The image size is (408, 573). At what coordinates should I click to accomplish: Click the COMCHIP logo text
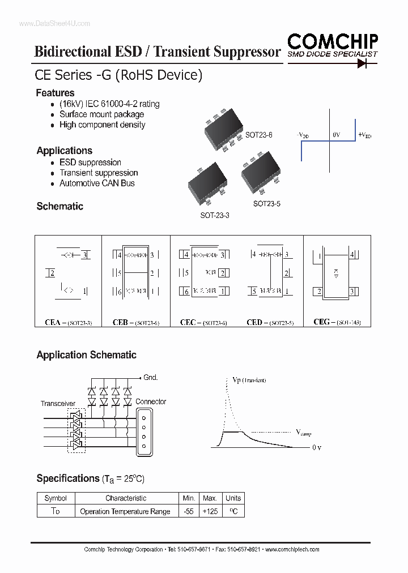[332, 41]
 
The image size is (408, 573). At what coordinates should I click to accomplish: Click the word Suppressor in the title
[247, 52]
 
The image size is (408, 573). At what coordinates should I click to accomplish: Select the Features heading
[55, 93]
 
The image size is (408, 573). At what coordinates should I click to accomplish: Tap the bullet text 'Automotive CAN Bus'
[97, 183]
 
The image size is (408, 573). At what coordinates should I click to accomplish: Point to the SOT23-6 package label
[258, 135]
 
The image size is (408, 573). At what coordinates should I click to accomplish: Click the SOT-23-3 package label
[214, 216]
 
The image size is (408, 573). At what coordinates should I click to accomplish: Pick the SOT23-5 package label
[266, 204]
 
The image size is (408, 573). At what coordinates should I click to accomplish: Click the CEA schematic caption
[68, 322]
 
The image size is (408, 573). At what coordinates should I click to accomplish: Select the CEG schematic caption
[337, 322]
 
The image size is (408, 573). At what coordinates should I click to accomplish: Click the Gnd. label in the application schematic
[150, 378]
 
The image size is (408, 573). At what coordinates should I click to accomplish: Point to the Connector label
[151, 401]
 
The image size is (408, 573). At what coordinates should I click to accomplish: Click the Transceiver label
[58, 404]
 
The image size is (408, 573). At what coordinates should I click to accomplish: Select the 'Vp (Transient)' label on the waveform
[249, 380]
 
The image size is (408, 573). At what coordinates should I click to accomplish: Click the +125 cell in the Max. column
[210, 511]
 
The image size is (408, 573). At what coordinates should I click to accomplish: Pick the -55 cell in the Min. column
[189, 511]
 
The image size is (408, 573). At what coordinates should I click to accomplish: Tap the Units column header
[233, 498]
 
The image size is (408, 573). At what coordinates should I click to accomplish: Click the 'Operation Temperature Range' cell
[125, 511]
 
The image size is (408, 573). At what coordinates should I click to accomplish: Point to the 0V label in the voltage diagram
[337, 135]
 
